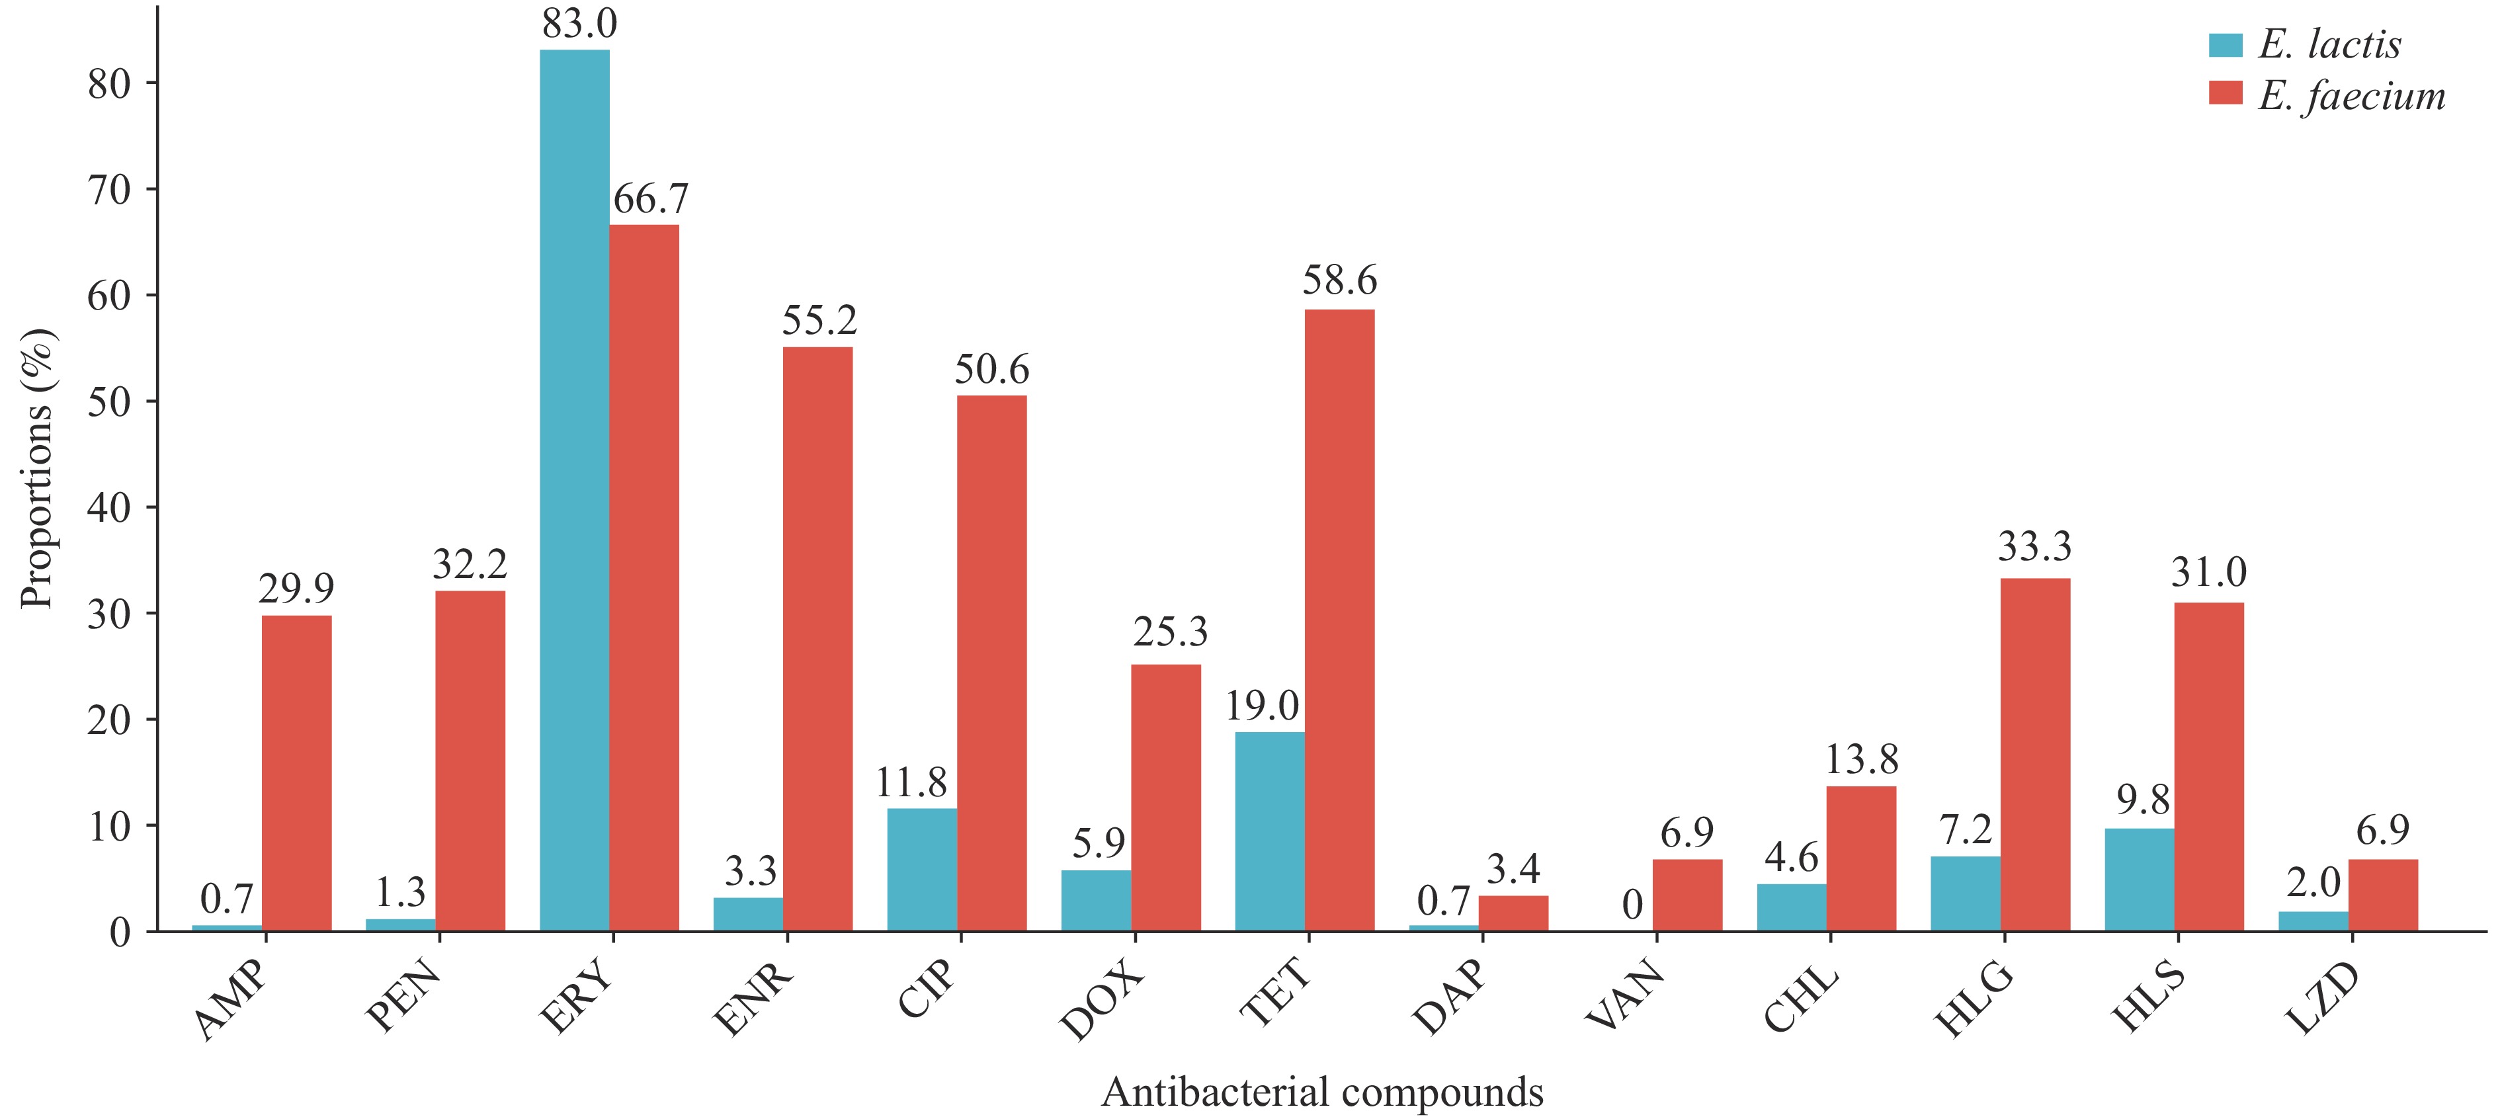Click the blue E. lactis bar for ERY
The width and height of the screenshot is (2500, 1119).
coord(575,490)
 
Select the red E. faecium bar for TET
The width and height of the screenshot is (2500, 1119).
coord(1339,620)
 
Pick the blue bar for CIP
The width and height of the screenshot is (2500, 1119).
coord(922,870)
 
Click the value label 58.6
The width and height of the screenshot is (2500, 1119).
coord(1339,280)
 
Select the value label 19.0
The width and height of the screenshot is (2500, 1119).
coord(1262,706)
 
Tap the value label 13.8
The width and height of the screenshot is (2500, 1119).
coord(1861,760)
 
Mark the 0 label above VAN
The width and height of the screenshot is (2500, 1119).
coord(1632,905)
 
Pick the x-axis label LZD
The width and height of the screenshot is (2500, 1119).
coord(2321,1000)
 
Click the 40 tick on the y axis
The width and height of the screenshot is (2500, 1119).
coord(110,507)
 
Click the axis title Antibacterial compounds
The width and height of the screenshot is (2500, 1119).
coord(1322,1093)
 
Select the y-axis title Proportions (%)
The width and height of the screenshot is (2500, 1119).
coord(39,470)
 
